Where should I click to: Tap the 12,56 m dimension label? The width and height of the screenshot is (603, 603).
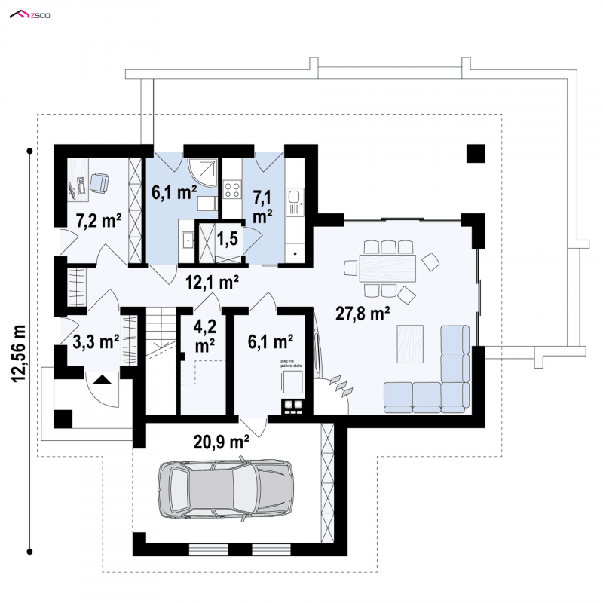[19, 353]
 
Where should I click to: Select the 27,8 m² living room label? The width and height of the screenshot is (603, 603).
[363, 314]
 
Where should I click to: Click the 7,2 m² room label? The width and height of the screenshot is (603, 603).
[99, 220]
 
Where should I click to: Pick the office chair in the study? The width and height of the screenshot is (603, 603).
[99, 182]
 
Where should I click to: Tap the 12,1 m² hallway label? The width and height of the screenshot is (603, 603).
[213, 283]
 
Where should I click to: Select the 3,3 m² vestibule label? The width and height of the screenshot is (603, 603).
[96, 341]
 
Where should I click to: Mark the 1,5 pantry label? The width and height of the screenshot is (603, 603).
[228, 239]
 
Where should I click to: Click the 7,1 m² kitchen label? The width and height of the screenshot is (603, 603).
[262, 206]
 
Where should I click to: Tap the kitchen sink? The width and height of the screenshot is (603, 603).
[295, 199]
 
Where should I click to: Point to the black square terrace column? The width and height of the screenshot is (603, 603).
[475, 153]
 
